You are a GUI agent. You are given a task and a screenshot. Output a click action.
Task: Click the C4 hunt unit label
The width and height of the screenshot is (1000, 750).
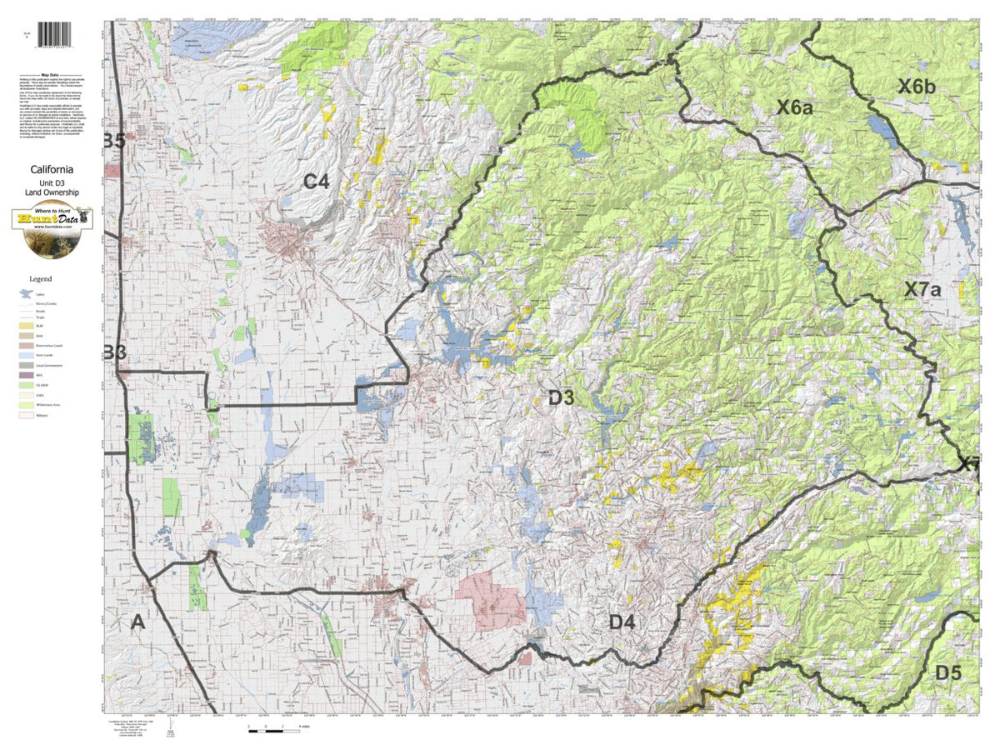316,180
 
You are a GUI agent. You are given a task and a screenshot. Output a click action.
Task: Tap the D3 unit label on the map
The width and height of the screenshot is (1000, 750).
561,398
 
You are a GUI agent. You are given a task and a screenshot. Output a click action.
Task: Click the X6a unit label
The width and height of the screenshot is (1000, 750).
795,107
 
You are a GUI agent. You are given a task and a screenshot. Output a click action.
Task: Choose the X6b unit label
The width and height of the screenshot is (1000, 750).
917,85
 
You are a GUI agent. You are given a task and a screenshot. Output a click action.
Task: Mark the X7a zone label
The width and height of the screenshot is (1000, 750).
922,290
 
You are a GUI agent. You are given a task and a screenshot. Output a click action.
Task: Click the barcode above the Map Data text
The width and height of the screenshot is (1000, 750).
55,34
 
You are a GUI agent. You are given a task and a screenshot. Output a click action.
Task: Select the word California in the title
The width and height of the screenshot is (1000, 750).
52,169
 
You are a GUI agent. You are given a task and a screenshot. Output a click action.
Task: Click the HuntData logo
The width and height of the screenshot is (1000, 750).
52,220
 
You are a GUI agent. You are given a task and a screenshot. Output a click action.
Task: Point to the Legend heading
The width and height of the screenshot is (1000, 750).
41,278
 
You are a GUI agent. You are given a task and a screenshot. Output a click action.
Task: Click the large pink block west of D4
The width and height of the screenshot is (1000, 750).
491,600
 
